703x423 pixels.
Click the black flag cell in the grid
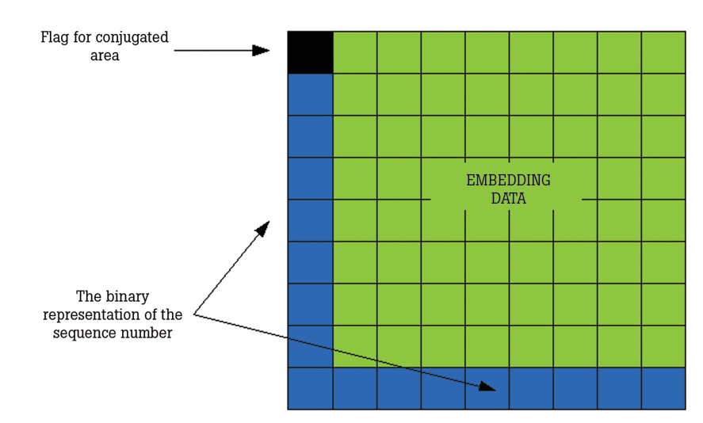[310, 52]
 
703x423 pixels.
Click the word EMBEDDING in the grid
[508, 181]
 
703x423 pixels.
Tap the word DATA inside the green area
[508, 198]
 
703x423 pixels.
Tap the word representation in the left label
[95, 314]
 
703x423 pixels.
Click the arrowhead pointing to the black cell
[261, 51]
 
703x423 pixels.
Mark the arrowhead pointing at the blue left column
[262, 228]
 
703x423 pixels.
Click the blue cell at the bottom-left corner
[310, 388]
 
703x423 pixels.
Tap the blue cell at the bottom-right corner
[663, 388]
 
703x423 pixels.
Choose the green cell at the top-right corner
[663, 52]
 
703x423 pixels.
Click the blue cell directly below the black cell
[310, 94]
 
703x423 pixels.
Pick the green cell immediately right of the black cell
[354, 52]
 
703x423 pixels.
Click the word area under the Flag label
[105, 56]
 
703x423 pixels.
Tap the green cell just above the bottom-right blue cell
[663, 346]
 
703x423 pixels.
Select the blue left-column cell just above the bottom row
[310, 346]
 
